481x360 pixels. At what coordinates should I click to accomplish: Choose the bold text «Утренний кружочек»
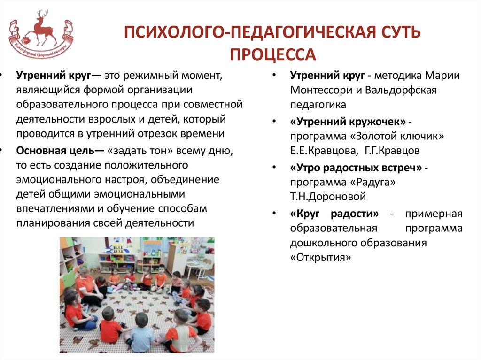[348, 122]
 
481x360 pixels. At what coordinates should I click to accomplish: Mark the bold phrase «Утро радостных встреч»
[356, 168]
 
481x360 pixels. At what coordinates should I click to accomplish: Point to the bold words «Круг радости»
[334, 214]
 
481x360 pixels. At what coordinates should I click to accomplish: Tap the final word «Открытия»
[320, 257]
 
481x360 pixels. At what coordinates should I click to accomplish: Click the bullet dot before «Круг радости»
[273, 214]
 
